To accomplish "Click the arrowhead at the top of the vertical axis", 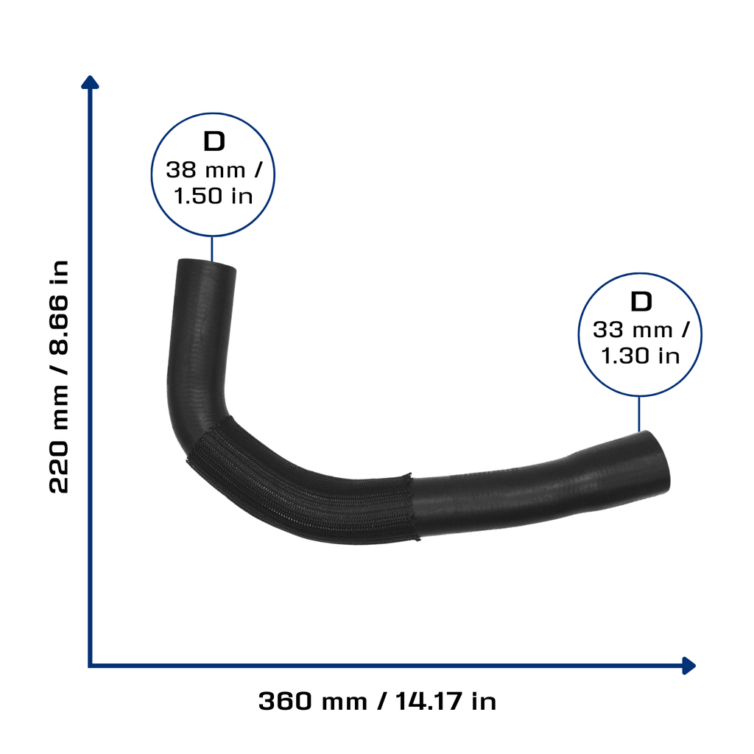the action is (90, 82).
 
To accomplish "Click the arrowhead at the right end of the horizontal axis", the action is (688, 666).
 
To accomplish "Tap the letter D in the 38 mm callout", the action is (214, 141).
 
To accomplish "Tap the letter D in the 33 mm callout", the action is (641, 301).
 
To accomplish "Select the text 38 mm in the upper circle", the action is (205, 170).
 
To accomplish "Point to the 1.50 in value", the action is (213, 196).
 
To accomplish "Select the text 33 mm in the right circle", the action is (633, 331).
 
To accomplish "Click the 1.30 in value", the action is (640, 356).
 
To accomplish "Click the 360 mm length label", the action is (313, 701).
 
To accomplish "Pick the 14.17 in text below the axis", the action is (445, 701).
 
